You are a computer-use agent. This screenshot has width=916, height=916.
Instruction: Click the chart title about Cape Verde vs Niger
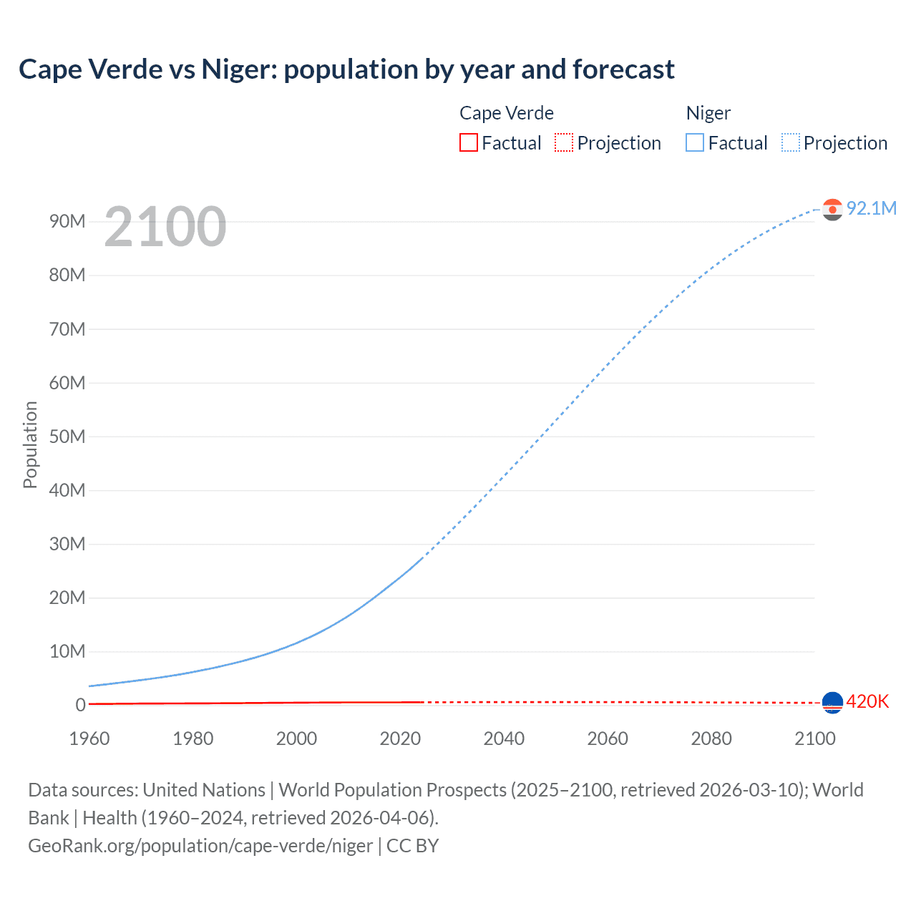(x=346, y=69)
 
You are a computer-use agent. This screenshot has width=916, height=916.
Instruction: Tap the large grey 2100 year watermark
(x=165, y=227)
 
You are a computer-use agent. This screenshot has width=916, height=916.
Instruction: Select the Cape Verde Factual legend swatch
(x=468, y=142)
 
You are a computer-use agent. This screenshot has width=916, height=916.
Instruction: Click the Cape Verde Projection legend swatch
(x=564, y=142)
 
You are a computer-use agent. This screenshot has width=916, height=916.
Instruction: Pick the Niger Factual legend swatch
(x=694, y=142)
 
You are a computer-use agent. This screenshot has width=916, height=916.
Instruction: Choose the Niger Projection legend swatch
(x=791, y=142)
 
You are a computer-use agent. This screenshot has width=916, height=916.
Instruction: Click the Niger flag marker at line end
(x=832, y=209)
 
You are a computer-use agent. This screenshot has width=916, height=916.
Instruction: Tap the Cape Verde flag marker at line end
(x=832, y=703)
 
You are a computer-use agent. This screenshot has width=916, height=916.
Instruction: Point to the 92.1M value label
(x=871, y=208)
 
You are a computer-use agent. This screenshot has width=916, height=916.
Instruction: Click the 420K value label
(x=867, y=702)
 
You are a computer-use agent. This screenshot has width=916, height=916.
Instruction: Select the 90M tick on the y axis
(x=67, y=221)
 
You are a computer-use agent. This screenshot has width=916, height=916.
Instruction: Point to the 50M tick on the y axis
(x=67, y=437)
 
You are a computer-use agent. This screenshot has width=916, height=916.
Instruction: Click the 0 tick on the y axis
(x=80, y=705)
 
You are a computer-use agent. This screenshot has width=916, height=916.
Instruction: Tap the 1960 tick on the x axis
(x=89, y=739)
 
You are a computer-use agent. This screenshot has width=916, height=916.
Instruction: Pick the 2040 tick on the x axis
(x=504, y=739)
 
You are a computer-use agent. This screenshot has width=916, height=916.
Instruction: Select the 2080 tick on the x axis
(x=711, y=739)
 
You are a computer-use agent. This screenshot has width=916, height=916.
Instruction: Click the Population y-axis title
(x=30, y=444)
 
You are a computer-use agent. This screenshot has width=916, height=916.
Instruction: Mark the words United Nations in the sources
(x=204, y=790)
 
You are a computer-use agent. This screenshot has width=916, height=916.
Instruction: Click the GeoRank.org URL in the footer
(x=200, y=846)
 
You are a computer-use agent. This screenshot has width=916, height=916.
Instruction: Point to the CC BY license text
(x=412, y=846)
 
